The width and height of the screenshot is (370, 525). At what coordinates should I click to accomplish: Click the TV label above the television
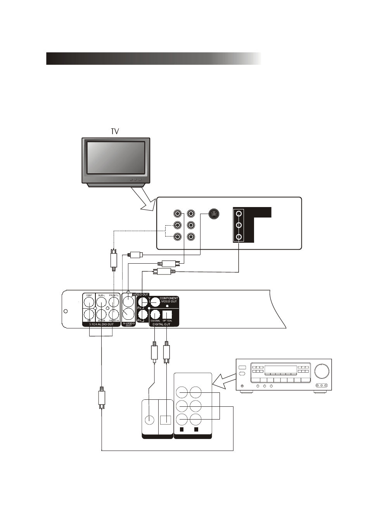point(115,132)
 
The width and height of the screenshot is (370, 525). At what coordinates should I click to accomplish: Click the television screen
point(116,157)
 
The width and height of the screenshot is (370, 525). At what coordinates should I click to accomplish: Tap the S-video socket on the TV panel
point(214,214)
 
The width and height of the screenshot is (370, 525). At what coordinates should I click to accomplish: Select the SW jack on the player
point(89,314)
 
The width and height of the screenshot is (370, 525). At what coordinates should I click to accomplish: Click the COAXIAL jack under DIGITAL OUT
point(155,314)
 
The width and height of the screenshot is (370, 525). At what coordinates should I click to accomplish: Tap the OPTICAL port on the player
point(167,314)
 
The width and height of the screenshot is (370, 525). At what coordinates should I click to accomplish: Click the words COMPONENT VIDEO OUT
point(169,300)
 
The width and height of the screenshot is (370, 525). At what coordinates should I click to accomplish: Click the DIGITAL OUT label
point(161,324)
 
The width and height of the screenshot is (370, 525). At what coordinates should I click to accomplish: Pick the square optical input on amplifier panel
point(166,420)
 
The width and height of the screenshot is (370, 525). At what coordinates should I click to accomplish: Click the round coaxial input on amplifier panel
point(149,420)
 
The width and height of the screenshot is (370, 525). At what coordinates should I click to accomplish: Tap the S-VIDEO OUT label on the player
point(129,324)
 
